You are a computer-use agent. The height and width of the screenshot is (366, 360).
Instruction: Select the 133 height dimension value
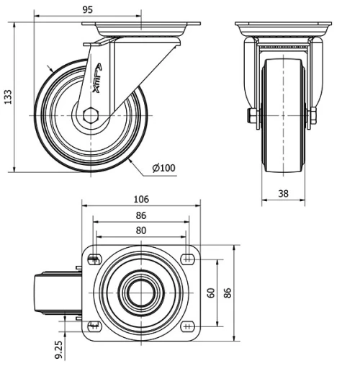(x=8, y=98)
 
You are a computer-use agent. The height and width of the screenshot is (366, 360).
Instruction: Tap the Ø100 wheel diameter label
(x=163, y=168)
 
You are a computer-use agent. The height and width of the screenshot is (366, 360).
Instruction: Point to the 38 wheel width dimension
(x=284, y=192)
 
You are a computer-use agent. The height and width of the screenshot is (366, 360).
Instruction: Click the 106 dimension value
(x=141, y=199)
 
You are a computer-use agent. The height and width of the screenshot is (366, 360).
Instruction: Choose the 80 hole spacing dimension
(x=141, y=231)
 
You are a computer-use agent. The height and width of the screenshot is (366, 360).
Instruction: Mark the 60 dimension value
(x=211, y=293)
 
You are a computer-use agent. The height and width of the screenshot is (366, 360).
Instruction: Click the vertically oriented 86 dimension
(x=229, y=293)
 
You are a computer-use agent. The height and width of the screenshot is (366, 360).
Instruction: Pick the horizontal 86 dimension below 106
(x=141, y=215)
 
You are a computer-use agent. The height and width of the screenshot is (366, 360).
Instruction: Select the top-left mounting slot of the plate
(x=93, y=260)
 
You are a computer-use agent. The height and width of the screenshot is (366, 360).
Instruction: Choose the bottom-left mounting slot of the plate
(x=93, y=326)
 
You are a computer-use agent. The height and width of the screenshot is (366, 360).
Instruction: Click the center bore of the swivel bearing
(x=141, y=293)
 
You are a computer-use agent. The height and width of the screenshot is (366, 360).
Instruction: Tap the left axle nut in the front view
(x=253, y=116)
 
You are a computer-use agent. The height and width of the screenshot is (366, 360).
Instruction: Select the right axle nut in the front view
(x=314, y=116)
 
